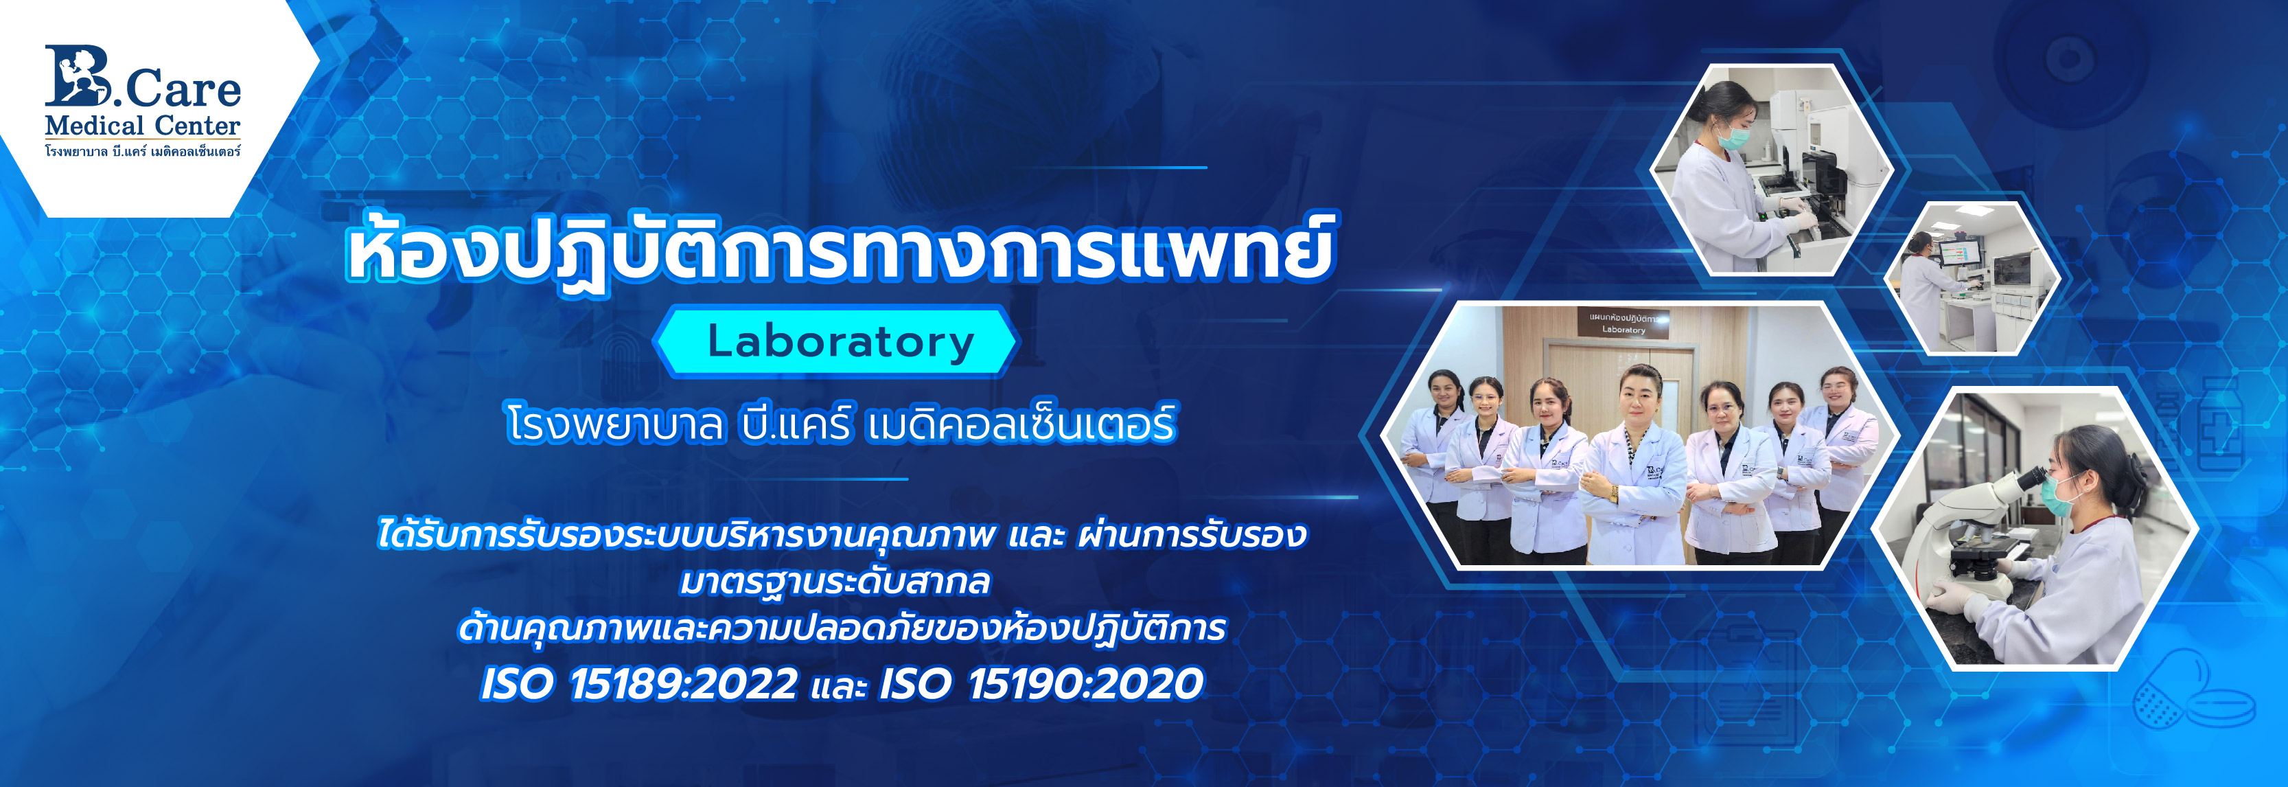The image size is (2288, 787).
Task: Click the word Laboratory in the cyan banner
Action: pos(840,342)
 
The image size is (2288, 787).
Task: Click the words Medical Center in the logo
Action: pos(142,125)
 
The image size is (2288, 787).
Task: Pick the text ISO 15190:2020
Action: pos(1041,684)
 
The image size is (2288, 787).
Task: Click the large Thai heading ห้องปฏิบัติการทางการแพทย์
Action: pos(840,249)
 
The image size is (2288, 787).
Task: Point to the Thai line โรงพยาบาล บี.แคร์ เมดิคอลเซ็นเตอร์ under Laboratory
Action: pos(840,423)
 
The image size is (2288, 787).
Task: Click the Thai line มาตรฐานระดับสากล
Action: pos(835,582)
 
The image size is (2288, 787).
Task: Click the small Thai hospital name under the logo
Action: pos(142,151)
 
